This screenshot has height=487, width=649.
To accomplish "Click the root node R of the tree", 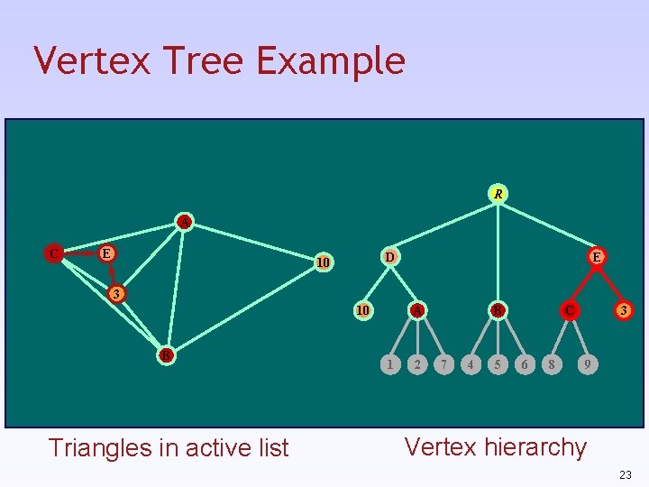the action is [x=498, y=193].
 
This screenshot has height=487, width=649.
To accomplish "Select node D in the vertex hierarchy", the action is [x=388, y=256].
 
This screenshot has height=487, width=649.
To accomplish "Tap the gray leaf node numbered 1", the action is [x=388, y=364].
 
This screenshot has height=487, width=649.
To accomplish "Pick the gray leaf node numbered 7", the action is [x=443, y=364].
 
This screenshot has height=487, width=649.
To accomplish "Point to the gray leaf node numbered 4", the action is [x=470, y=364].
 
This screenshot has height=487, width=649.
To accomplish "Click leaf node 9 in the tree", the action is [x=587, y=364].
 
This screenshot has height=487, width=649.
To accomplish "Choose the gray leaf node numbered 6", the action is [x=524, y=364].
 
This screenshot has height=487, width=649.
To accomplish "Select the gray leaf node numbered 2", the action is [x=416, y=364].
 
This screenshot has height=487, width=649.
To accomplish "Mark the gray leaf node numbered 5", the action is [x=497, y=364].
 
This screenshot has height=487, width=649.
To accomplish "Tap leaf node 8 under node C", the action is [x=551, y=364].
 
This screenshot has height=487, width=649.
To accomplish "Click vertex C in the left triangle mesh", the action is [x=55, y=253].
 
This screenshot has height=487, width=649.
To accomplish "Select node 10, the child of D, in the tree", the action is [x=362, y=310].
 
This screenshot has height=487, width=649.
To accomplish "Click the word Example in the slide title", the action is [x=331, y=61].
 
